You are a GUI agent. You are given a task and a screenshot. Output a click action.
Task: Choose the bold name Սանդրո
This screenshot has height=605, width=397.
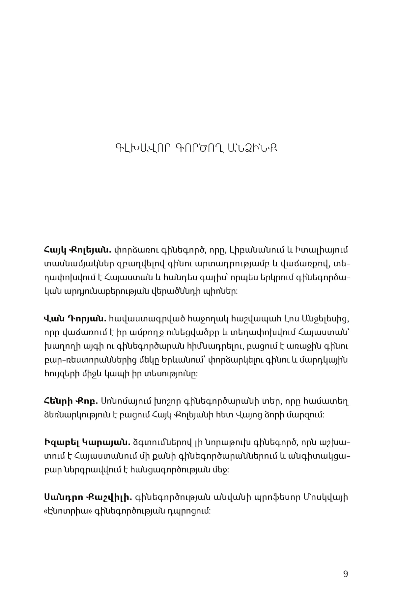pos(63,497)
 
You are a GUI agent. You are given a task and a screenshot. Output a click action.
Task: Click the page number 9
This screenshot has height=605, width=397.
pos(345,574)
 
